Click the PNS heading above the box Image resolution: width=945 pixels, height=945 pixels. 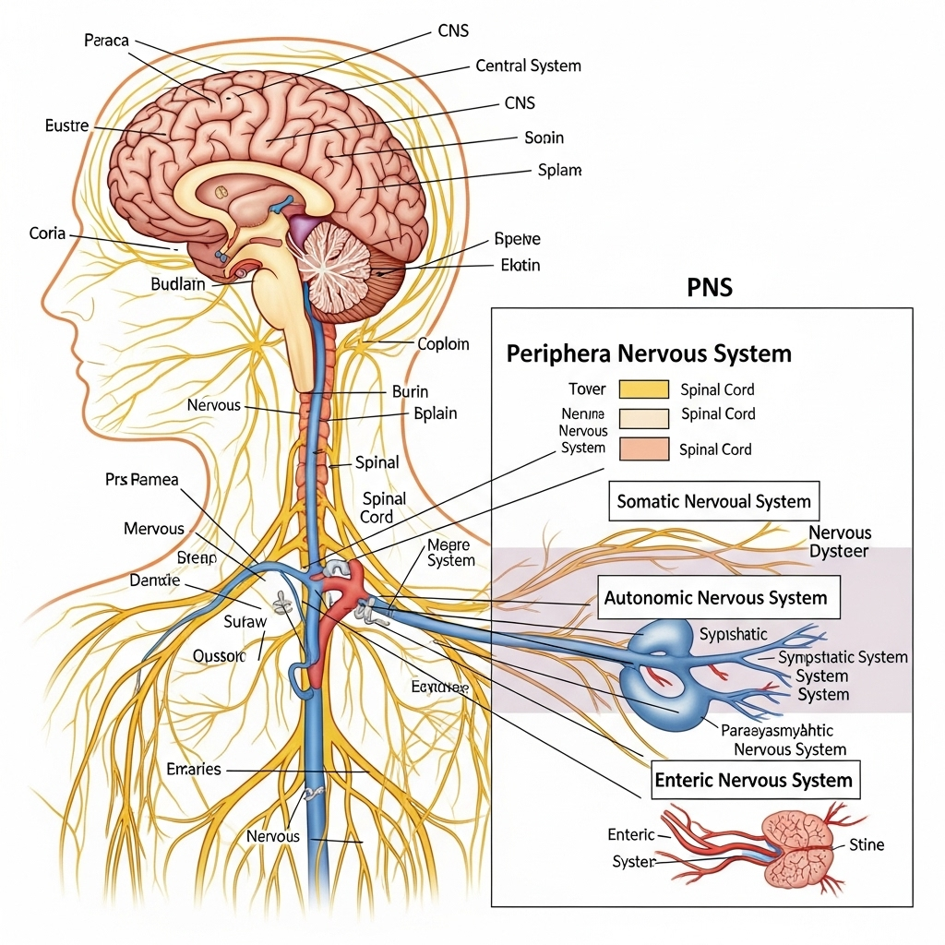710,287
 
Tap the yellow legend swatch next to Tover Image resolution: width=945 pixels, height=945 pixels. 644,389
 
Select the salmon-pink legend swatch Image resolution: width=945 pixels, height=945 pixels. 644,449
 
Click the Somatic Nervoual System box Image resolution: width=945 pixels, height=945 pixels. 713,502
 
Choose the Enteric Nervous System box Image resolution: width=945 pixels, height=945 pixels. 753,780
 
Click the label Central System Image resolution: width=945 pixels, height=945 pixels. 529,66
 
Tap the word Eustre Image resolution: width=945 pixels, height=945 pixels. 66,126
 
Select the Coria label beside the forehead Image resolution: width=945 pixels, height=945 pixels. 47,233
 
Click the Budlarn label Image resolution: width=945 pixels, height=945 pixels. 177,284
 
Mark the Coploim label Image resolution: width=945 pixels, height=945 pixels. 443,344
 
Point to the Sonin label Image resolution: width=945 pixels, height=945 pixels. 544,138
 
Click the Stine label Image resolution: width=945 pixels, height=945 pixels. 866,844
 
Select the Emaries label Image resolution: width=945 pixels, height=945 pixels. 194,769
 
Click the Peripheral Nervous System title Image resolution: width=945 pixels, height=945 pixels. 648,353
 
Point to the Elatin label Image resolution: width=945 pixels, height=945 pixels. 520,265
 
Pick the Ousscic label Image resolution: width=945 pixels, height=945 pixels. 220,656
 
